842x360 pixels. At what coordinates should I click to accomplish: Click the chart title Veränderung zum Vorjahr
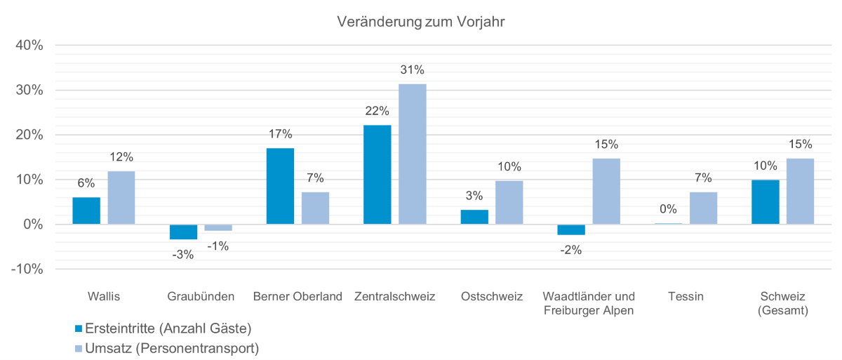(x=421, y=22)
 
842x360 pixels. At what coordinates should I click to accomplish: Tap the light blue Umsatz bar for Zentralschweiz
(x=412, y=154)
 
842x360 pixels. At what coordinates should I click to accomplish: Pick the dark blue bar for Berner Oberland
(x=280, y=186)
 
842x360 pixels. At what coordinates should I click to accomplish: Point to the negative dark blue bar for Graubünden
(x=183, y=232)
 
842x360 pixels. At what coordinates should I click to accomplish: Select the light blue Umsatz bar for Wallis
(x=121, y=198)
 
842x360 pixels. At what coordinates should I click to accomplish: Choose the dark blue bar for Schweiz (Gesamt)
(x=765, y=202)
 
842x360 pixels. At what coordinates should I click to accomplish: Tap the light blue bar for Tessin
(x=703, y=208)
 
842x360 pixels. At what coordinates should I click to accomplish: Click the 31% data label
(x=413, y=70)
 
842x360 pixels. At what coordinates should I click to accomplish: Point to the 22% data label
(x=377, y=112)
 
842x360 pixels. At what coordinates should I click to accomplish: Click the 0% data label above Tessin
(x=668, y=209)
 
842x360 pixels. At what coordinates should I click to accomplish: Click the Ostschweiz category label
(x=492, y=297)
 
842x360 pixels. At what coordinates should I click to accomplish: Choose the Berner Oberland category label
(x=298, y=297)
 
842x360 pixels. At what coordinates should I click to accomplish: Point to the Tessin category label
(x=686, y=297)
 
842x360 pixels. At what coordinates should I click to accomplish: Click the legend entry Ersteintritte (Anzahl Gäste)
(x=167, y=328)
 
